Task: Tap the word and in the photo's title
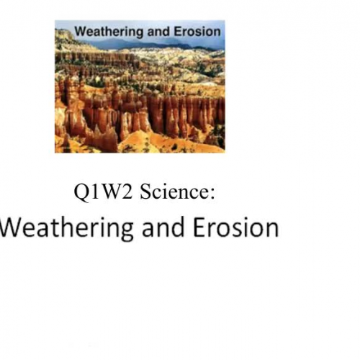(147, 32)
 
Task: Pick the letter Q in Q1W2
(79, 193)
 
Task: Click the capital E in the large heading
(197, 228)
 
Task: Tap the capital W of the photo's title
(80, 32)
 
